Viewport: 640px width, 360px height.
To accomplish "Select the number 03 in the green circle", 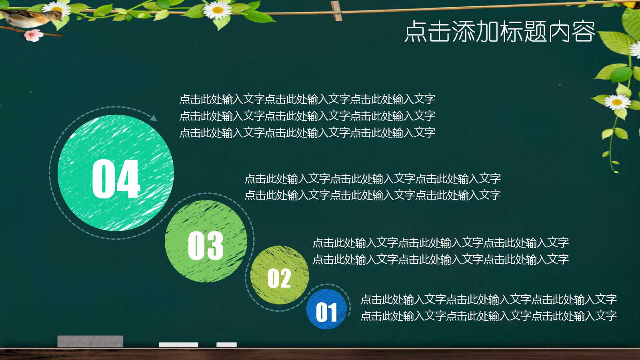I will (x=206, y=246).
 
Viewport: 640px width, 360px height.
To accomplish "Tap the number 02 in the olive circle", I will (x=279, y=278).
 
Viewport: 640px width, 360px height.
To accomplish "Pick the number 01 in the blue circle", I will (x=326, y=312).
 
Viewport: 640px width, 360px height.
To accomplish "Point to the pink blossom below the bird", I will (x=34, y=36).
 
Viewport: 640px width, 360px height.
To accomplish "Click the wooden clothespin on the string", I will (x=336, y=11).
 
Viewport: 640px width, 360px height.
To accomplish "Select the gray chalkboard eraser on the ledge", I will (x=90, y=341).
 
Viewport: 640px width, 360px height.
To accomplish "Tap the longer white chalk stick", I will (x=178, y=344).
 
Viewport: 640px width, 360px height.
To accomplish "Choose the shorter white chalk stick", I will (x=226, y=344).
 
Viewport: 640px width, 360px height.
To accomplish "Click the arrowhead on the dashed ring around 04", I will (x=153, y=118).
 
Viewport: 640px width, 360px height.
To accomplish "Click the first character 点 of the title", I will (x=415, y=32).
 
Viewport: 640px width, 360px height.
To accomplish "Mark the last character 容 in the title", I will (x=584, y=32).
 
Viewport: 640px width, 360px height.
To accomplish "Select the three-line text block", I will (x=307, y=116).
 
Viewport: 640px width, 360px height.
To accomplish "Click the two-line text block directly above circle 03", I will (x=372, y=187).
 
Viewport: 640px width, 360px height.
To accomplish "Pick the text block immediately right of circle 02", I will (x=440, y=251).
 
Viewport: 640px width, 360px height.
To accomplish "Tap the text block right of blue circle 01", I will (x=488, y=308).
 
